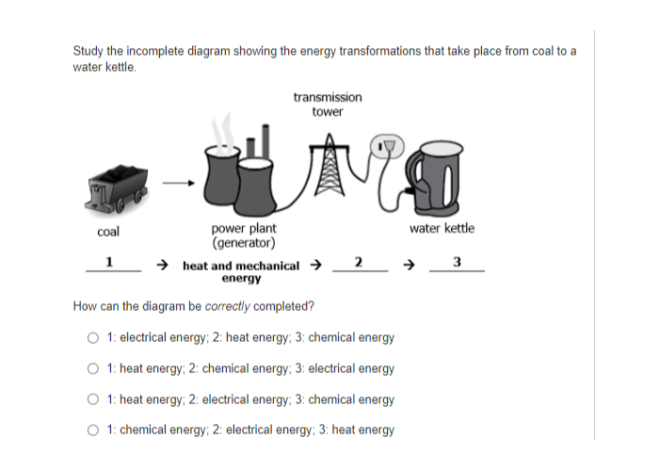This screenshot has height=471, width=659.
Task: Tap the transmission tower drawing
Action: coord(329,165)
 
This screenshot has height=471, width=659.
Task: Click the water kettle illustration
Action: coord(434,178)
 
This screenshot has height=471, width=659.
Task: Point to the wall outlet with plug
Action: coord(387,146)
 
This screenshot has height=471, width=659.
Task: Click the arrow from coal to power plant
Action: coord(179,183)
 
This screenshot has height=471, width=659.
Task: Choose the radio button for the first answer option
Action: coord(93,337)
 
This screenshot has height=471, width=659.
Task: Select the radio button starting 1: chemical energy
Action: coord(93,430)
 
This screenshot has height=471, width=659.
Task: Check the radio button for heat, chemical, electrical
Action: coord(93,369)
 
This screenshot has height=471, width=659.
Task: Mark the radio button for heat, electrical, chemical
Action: coord(93,399)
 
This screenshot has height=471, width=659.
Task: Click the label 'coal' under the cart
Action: coord(108,232)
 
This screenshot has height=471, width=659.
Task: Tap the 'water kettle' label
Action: coord(442,228)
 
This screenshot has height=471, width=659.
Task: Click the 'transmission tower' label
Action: coord(328,105)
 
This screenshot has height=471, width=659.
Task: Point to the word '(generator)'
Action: coord(244,243)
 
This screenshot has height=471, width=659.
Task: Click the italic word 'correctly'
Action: coord(228,306)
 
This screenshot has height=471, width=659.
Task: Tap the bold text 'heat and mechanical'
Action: coord(241,266)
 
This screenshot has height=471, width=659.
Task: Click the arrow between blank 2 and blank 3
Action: coord(409,265)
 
